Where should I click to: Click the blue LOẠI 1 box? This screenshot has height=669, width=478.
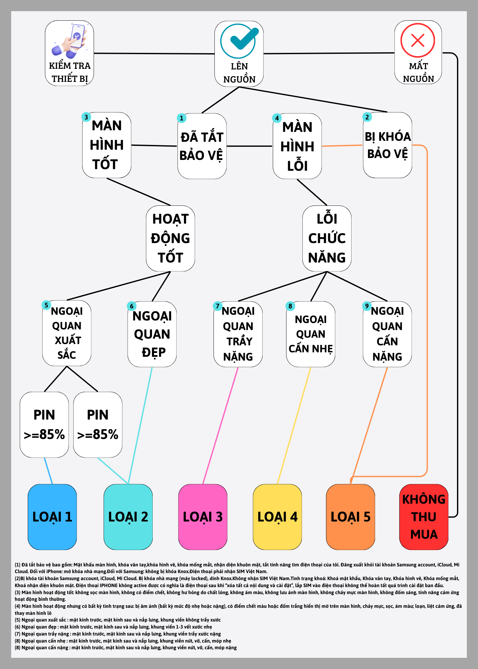coord(52,517)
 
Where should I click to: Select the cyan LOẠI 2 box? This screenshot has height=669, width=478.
coord(128,517)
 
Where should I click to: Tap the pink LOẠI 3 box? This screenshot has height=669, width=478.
coord(203,517)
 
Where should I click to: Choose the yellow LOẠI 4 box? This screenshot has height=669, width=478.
coord(277,517)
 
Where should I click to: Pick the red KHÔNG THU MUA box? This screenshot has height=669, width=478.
coord(424,517)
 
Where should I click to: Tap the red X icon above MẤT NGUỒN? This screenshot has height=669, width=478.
coord(418,40)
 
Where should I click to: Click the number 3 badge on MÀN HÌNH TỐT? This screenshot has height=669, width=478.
coord(86,117)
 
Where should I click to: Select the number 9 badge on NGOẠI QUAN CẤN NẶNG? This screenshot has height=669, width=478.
coord(367,306)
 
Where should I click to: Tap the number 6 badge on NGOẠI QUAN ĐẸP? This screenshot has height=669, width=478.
coord(132,306)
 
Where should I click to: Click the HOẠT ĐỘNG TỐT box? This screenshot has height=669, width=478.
coord(170,238)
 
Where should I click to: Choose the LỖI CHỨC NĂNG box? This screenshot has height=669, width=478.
coord(327,238)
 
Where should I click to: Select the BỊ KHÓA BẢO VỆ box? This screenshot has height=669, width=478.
coord(387,145)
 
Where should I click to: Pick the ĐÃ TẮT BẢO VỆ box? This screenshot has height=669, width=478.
coord(202,146)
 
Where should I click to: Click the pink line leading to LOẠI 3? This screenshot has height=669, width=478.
coord(221,425)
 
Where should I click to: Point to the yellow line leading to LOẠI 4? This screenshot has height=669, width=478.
coord(294,425)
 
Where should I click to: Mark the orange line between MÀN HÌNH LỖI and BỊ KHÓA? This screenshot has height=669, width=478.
coord(342,146)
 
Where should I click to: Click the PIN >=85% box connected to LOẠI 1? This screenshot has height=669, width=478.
coord(44,425)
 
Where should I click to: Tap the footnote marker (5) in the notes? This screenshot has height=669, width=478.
coord(18,620)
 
